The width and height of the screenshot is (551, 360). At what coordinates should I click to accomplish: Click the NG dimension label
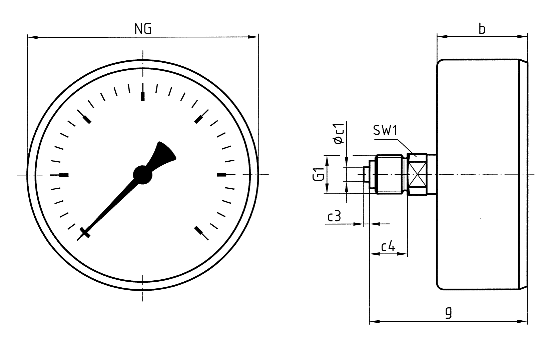coord(143,29)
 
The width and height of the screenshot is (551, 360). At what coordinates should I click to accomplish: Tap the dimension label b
coord(482,29)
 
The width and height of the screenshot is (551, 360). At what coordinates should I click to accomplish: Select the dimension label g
coord(449,312)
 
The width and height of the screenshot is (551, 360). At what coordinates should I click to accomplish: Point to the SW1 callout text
coord(385,131)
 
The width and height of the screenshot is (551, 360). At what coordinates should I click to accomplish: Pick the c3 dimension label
coord(334,217)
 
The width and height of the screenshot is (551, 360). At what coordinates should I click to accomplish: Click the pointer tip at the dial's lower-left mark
coord(85,233)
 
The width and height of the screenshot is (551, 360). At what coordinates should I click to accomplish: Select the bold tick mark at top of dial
coord(143,96)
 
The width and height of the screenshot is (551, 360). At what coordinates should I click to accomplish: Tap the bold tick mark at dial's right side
coord(221,174)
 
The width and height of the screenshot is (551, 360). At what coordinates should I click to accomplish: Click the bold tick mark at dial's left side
coord(64,175)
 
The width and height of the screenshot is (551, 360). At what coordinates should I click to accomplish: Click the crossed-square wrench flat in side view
coord(417,174)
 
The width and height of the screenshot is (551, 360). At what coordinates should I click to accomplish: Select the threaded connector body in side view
coord(390,174)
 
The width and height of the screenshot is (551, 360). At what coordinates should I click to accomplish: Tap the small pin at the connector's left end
coord(366,174)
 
